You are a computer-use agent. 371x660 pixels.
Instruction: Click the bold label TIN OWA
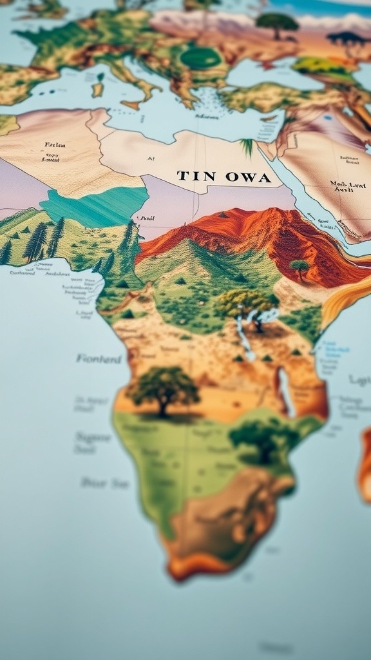[224, 177]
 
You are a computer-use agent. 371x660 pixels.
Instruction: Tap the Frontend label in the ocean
[99, 358]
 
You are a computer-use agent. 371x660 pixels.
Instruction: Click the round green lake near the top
[201, 59]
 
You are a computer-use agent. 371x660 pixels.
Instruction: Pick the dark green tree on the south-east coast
[263, 439]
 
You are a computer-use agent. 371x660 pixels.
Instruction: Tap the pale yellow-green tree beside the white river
[245, 303]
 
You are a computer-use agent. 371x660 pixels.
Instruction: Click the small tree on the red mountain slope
[299, 266]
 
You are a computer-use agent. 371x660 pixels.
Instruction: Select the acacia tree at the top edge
[277, 23]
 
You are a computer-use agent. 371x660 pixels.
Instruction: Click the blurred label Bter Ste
[104, 482]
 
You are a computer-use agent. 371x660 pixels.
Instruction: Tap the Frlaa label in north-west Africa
[55, 145]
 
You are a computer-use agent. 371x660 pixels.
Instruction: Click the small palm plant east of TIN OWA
[247, 146]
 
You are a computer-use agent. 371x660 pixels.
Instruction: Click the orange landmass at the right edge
[365, 464]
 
